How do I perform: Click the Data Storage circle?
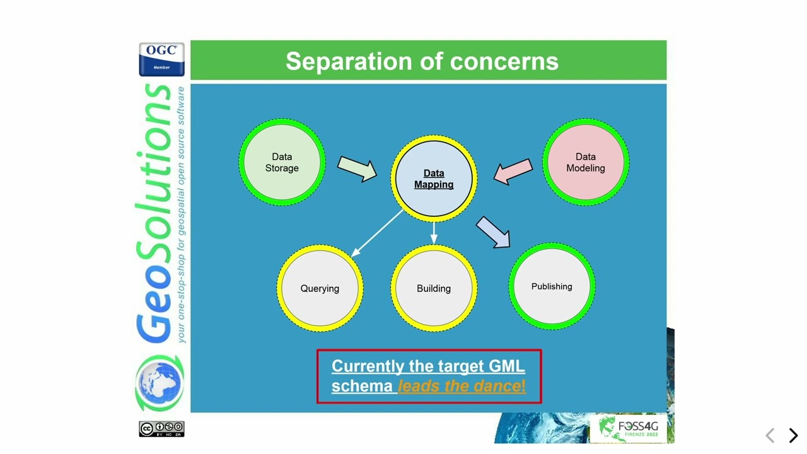pyautogui.click(x=282, y=162)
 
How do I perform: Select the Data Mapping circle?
pyautogui.click(x=434, y=178)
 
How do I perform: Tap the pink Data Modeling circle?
pyautogui.click(x=585, y=162)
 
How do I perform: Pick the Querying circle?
pyautogui.click(x=320, y=288)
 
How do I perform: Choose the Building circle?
pyautogui.click(x=434, y=288)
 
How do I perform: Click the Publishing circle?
pyautogui.click(x=552, y=286)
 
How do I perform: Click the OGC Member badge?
pyautogui.click(x=161, y=59)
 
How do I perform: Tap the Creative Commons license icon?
pyautogui.click(x=161, y=429)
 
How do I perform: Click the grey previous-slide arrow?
pyautogui.click(x=770, y=435)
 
